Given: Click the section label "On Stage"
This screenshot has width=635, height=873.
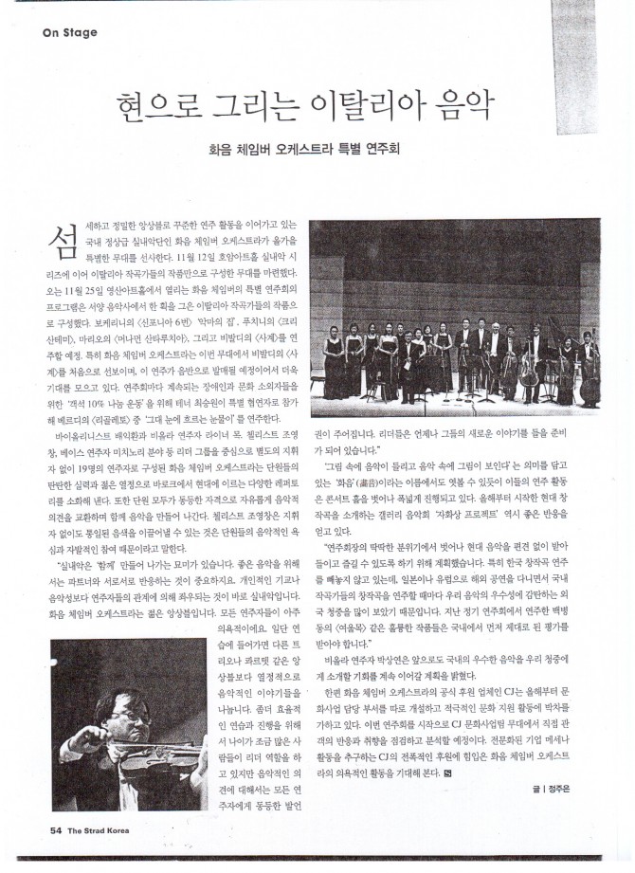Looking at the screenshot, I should pyautogui.click(x=70, y=33).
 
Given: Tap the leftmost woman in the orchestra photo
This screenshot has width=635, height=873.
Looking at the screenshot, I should pyautogui.click(x=334, y=365).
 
